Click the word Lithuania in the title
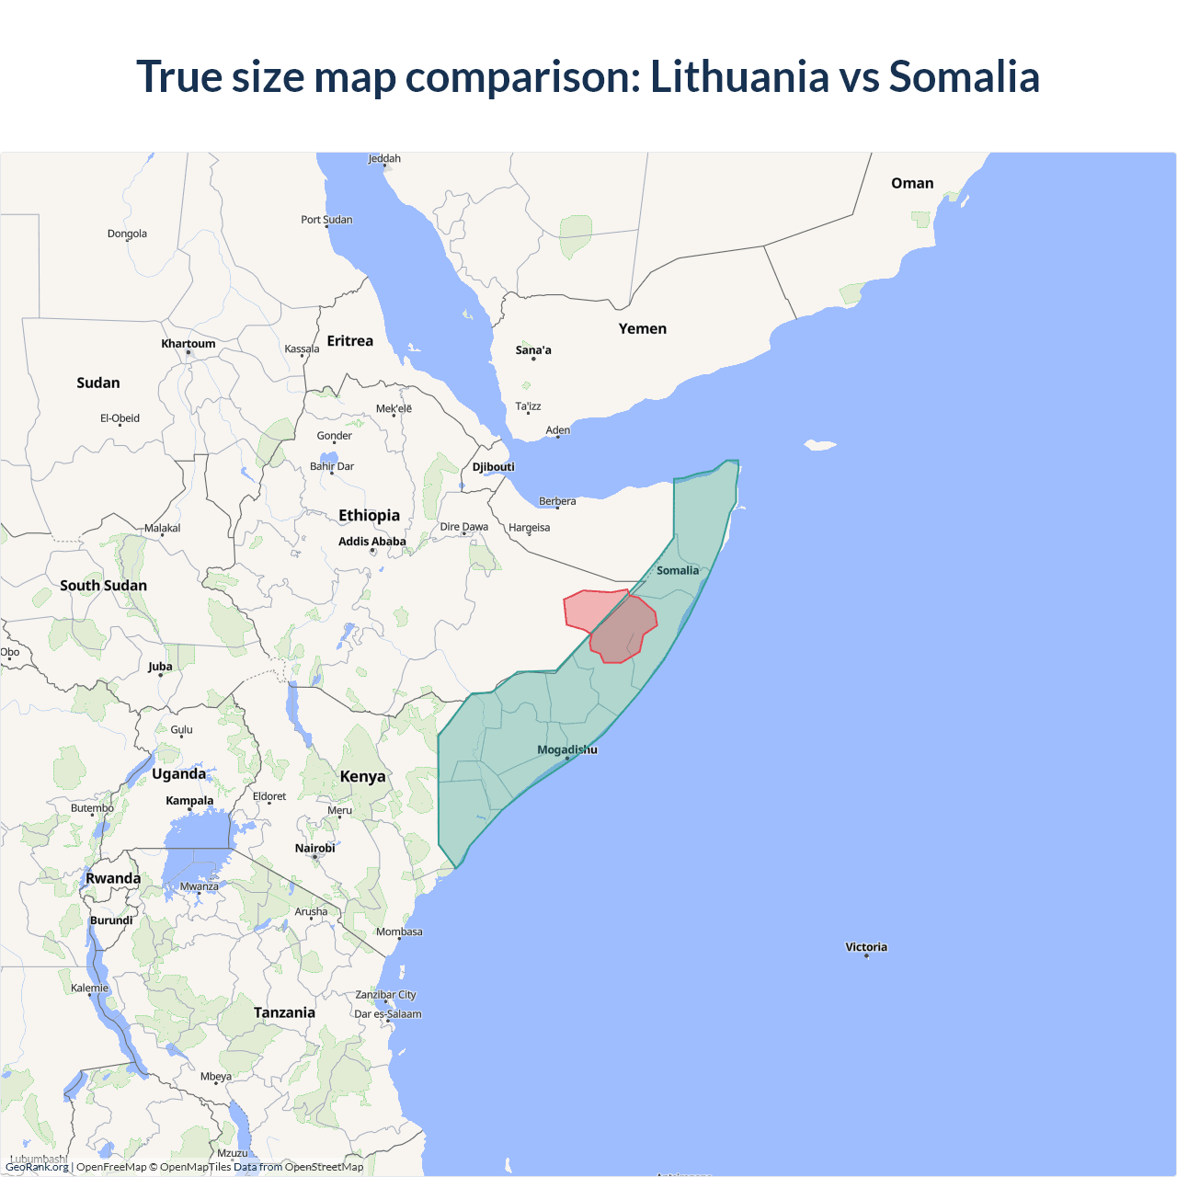point(739,76)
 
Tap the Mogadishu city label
point(566,749)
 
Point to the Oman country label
point(912,183)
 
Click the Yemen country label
point(642,328)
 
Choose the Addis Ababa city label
point(371,542)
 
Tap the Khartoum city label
point(188,344)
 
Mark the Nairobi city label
point(314,849)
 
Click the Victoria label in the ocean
point(866,947)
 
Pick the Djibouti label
point(493,467)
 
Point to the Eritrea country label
point(349,341)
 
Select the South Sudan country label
point(103,586)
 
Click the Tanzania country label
point(284,1012)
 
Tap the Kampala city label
point(189,801)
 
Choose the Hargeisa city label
point(529,528)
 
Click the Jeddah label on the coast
point(384,159)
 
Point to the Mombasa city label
point(399,932)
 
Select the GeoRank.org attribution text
point(37,1167)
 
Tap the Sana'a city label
point(533,350)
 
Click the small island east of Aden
point(820,445)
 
